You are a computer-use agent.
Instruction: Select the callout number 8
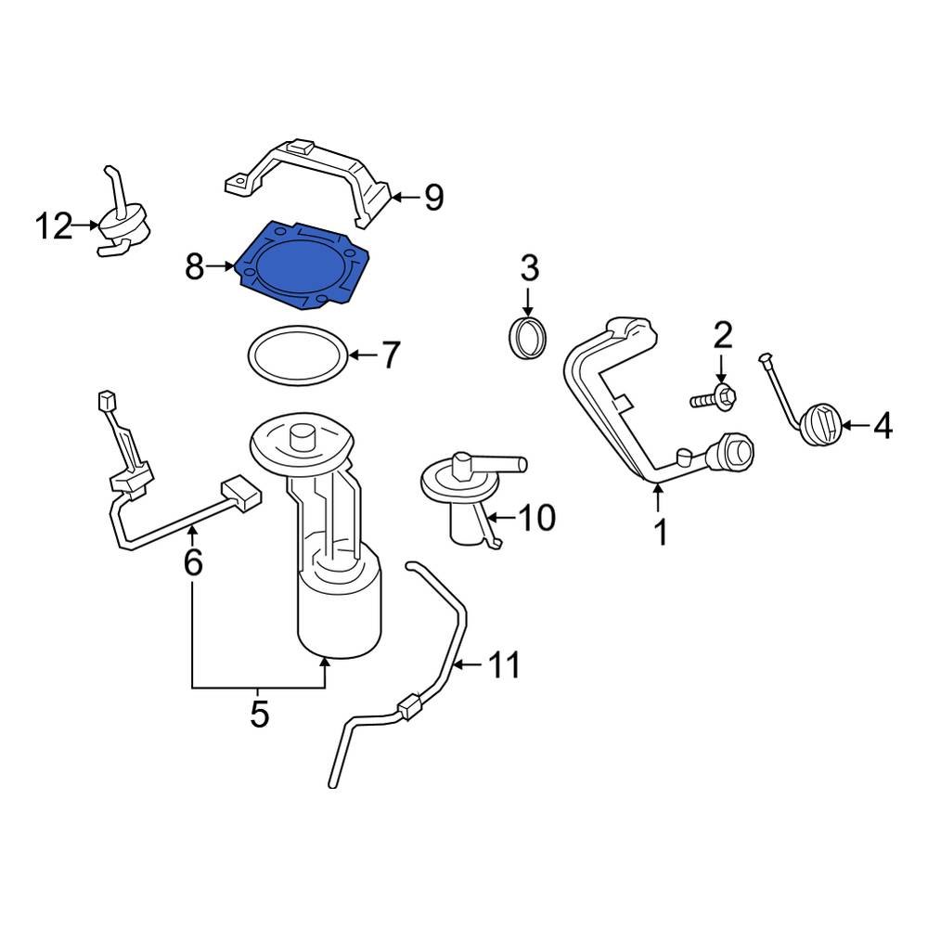(194, 267)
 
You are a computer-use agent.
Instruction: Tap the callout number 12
(54, 226)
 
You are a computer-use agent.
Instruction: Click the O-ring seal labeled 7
(297, 355)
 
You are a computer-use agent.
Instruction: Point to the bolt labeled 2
(714, 399)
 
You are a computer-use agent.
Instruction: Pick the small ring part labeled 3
(529, 336)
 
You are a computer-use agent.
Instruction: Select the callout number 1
(660, 533)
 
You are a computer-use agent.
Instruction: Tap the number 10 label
(535, 517)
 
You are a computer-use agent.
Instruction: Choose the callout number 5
(259, 715)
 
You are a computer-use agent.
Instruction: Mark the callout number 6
(192, 562)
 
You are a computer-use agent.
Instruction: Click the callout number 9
(433, 197)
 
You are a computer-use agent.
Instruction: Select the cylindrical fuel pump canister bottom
(339, 612)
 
